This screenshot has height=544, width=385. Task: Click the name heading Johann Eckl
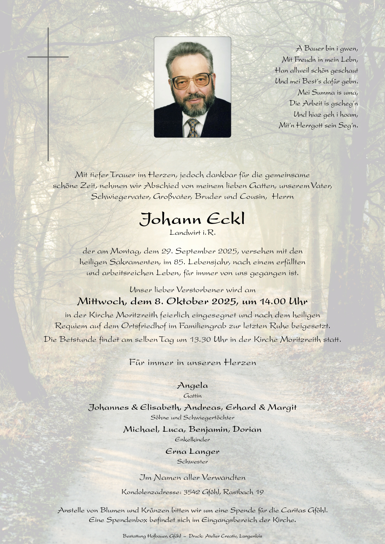click(x=192, y=219)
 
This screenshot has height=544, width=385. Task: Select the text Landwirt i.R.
click(x=192, y=232)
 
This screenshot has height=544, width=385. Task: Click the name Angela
click(x=192, y=386)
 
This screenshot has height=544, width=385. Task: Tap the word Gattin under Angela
click(x=192, y=396)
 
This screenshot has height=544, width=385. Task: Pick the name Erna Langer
click(x=192, y=452)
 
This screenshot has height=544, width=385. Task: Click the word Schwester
click(x=192, y=462)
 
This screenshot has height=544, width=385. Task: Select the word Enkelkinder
click(x=192, y=439)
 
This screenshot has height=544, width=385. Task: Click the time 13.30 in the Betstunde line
click(x=200, y=339)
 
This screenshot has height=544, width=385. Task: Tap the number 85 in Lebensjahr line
click(x=178, y=262)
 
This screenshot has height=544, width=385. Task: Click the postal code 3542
click(x=192, y=492)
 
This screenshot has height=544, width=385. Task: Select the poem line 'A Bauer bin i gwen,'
click(x=327, y=48)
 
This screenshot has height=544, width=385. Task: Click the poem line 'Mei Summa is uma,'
click(x=328, y=92)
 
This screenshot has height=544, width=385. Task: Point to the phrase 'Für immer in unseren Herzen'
click(x=192, y=363)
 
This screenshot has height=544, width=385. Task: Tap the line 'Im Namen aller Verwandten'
click(x=192, y=478)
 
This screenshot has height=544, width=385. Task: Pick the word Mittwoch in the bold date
click(x=101, y=301)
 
